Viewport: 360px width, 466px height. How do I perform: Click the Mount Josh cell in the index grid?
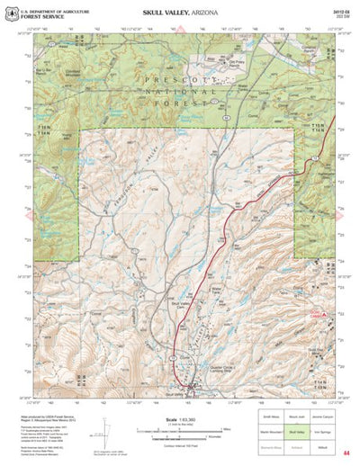pyautogui.click(x=294, y=419)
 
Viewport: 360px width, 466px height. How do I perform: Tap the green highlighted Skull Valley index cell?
pyautogui.click(x=294, y=431)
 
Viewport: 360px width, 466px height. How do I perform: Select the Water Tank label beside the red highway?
pyautogui.click(x=214, y=291)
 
